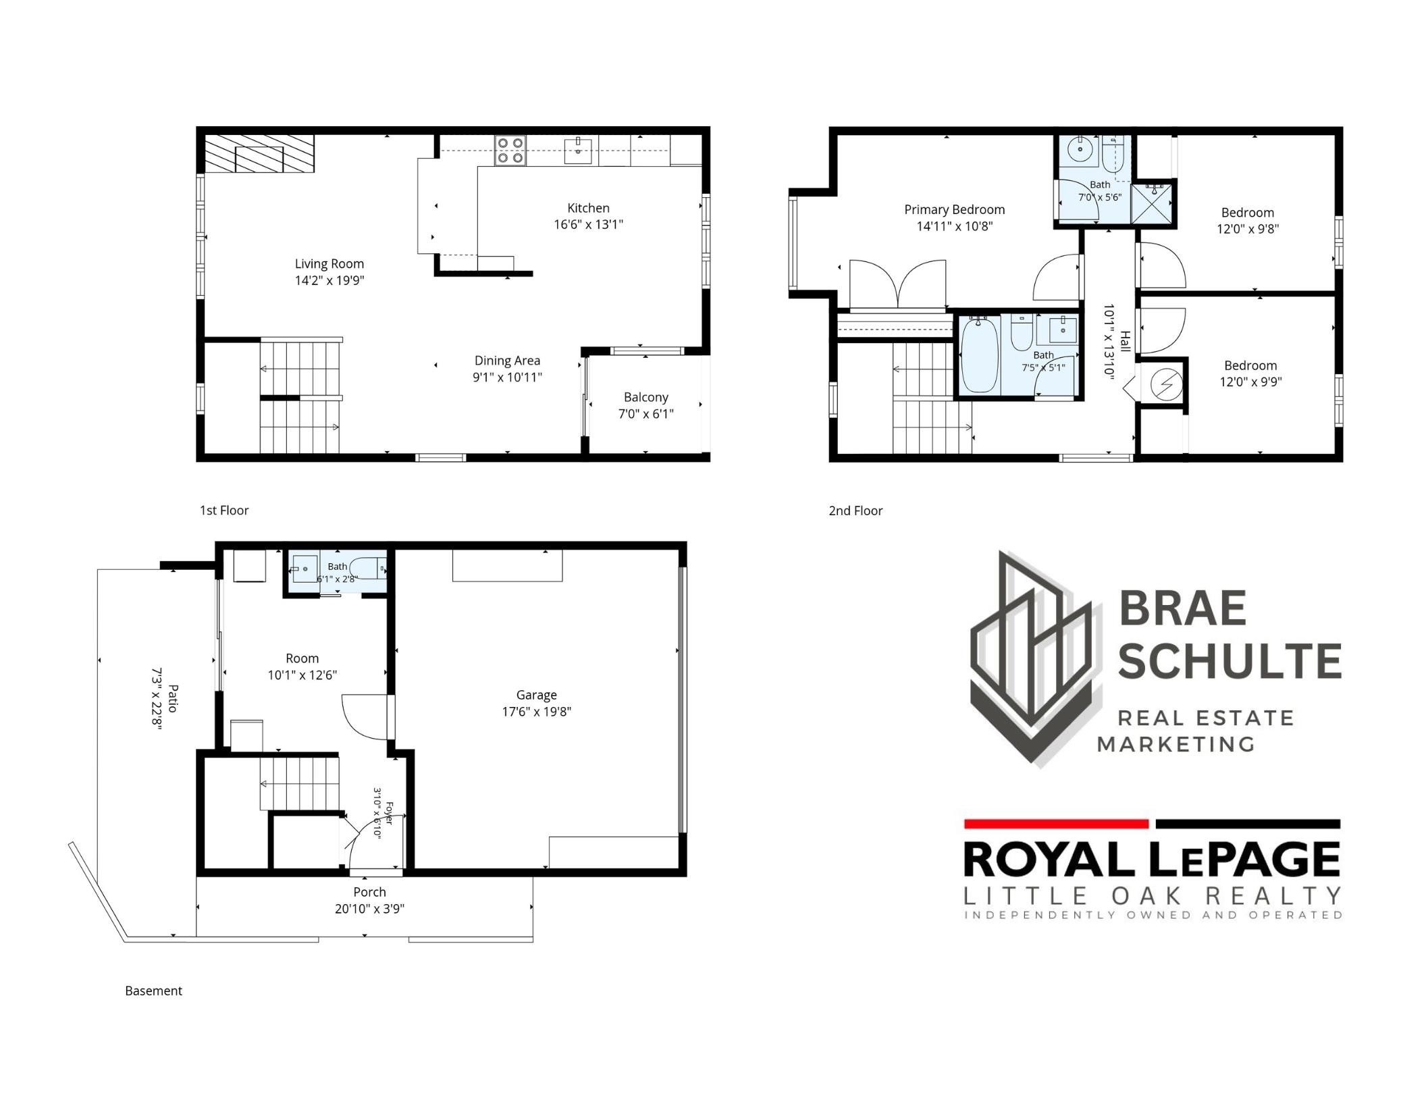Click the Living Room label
(329, 264)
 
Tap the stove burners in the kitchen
(510, 151)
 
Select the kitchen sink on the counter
(579, 151)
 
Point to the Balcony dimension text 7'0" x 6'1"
(646, 414)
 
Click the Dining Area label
(507, 361)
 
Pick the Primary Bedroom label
(954, 210)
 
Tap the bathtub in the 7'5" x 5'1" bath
(980, 355)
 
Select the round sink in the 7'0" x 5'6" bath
(1080, 150)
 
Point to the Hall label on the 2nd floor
(1125, 341)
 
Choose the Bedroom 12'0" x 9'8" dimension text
(1248, 229)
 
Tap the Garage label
(537, 695)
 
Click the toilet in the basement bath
(368, 569)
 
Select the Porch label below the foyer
(369, 892)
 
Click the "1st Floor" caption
(224, 510)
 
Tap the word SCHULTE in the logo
(1230, 661)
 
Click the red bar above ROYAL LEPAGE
(1056, 824)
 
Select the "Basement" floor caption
(153, 991)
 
